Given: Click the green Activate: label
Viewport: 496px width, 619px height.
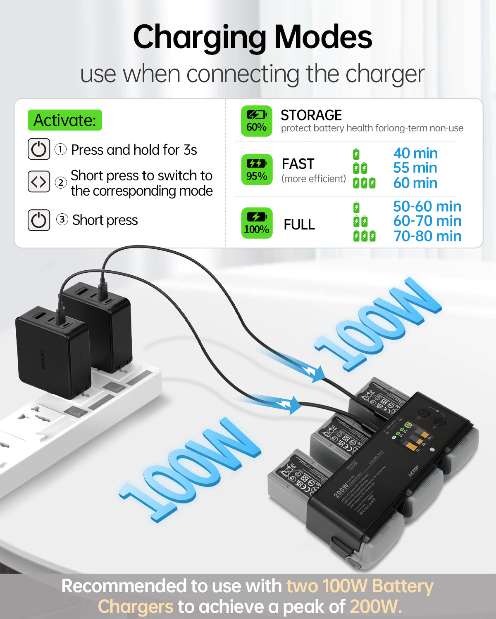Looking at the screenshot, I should (64, 120).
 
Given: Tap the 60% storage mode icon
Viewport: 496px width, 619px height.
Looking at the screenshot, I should (257, 121).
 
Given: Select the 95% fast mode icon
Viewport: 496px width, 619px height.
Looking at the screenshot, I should (257, 170).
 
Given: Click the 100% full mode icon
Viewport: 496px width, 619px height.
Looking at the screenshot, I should (257, 223).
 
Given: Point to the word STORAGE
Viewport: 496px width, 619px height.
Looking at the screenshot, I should (311, 115).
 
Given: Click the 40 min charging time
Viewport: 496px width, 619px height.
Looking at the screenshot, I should (415, 153).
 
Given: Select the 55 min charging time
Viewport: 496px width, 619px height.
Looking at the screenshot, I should (415, 168).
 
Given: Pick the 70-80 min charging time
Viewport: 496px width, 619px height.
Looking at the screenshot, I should (427, 236).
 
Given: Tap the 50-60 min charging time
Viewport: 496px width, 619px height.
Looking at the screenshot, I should (427, 206).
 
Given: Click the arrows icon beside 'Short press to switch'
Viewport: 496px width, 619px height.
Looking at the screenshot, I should (39, 182).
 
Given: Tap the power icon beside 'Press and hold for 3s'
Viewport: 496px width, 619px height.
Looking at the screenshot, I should (39, 149).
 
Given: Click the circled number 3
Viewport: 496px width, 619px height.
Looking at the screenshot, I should (62, 220).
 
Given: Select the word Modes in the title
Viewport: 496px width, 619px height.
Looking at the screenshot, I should (323, 37).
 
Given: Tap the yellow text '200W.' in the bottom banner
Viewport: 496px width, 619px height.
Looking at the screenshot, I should (375, 607).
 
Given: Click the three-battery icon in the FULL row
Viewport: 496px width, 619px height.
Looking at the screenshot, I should (364, 236).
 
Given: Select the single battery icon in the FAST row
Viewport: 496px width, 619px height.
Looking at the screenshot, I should (356, 154).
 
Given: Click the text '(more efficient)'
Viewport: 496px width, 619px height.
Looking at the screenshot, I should (313, 179).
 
